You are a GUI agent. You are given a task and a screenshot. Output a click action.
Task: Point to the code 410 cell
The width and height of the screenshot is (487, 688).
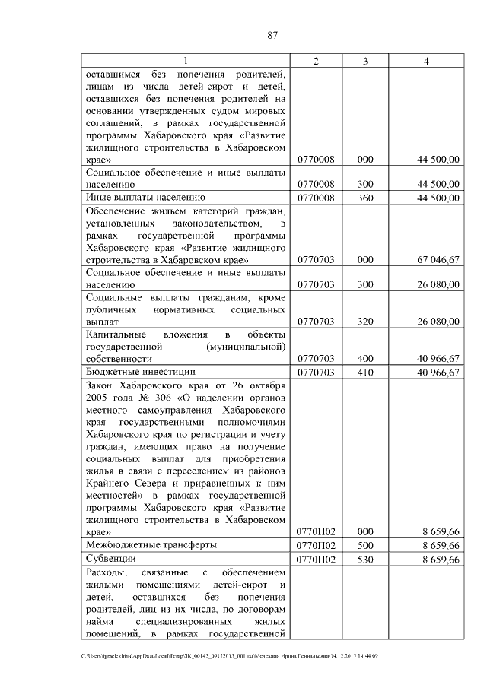365,372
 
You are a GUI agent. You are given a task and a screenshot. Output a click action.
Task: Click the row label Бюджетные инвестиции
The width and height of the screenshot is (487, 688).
141,372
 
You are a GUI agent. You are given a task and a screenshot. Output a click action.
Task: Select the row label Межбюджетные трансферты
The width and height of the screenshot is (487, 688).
151,544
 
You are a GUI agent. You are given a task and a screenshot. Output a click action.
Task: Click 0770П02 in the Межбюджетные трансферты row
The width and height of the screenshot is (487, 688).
316,545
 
